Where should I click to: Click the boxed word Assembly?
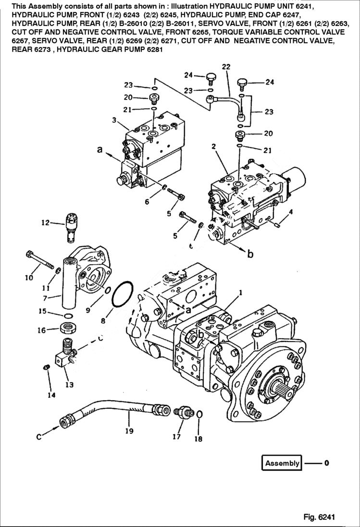pos(282,463)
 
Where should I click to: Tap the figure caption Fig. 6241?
pos(319,517)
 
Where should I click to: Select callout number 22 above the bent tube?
pos(226,67)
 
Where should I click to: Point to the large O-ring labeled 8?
pos(123,294)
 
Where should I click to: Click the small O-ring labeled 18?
pos(199,415)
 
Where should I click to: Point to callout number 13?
pos(69,384)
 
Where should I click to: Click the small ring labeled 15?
pos(69,315)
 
